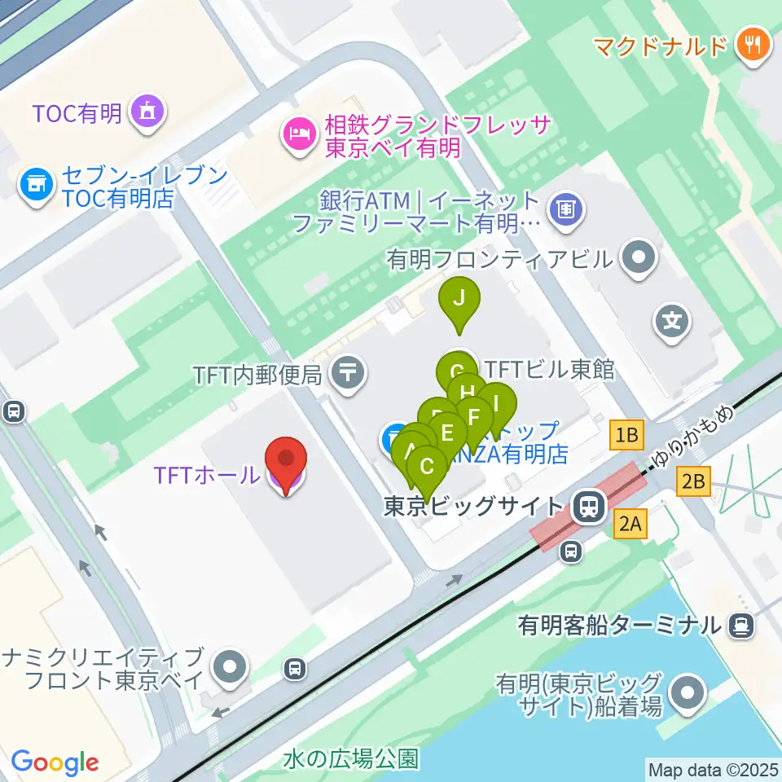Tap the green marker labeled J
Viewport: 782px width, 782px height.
(459, 298)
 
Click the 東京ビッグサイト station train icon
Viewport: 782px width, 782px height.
(586, 508)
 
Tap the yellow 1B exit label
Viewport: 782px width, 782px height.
(627, 436)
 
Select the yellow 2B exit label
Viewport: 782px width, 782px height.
(693, 483)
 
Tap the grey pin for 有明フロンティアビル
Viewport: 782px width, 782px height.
(638, 259)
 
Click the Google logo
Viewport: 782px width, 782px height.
(55, 763)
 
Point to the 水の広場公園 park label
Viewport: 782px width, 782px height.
(351, 759)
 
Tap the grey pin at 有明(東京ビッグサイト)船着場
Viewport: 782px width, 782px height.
(688, 694)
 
